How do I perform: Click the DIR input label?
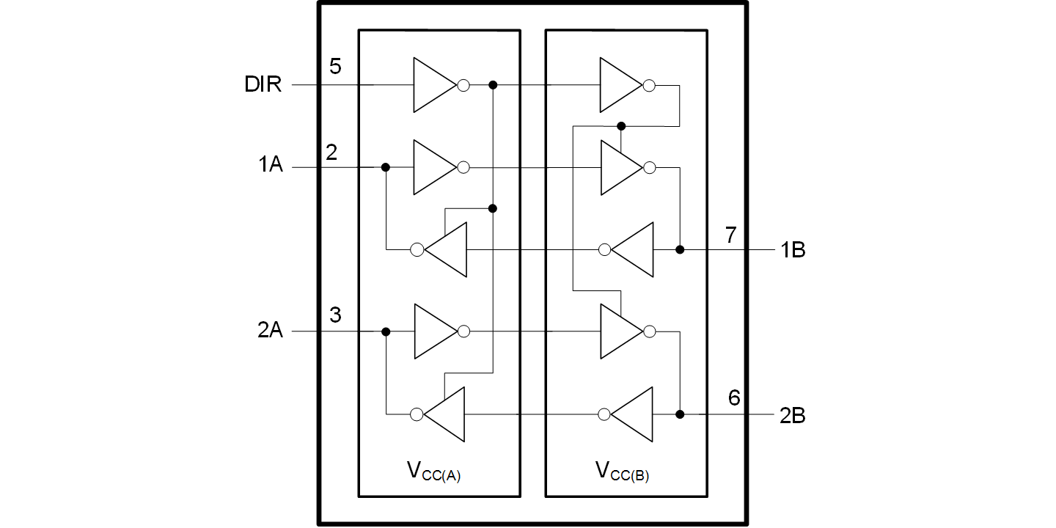point(263,85)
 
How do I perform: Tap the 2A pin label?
point(269,331)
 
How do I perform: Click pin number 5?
point(335,67)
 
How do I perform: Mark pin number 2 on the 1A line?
point(331,152)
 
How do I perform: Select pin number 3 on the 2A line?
point(335,315)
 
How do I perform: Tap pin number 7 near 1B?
point(730,235)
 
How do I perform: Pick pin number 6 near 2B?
point(734,398)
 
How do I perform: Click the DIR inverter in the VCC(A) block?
point(434,85)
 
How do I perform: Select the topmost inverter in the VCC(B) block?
point(621,85)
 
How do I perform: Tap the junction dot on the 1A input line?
point(386,167)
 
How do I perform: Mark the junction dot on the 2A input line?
point(386,331)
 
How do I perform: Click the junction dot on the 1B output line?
point(680,250)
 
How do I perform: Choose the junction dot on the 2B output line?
point(680,414)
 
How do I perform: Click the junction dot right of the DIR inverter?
point(493,85)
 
